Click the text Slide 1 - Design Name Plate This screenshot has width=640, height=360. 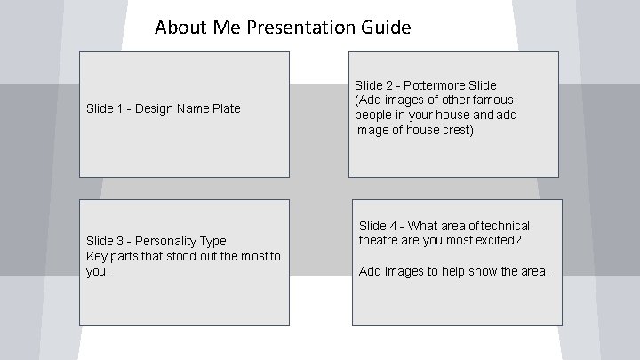(163, 109)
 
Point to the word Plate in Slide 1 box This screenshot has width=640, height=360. (225, 109)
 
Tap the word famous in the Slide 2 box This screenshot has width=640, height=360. (493, 100)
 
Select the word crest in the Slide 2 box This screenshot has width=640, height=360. (458, 130)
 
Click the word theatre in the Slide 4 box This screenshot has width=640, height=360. (378, 241)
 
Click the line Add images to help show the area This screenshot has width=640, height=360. (453, 271)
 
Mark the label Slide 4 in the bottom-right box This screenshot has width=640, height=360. (377, 226)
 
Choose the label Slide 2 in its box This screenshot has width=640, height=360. (373, 85)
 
